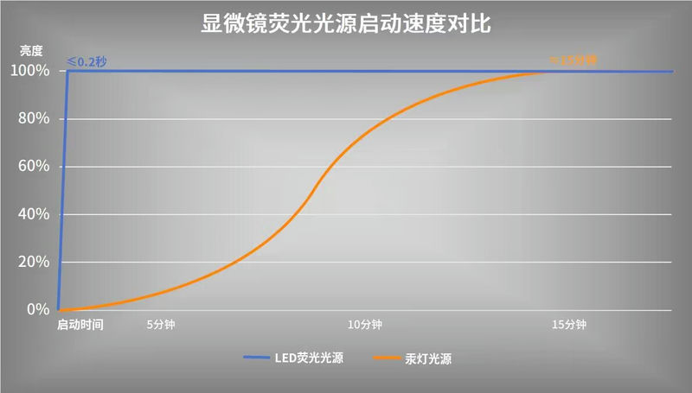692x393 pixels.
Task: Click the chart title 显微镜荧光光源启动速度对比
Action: click(346, 23)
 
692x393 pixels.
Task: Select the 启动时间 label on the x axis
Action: click(80, 325)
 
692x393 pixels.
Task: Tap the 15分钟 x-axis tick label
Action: click(568, 325)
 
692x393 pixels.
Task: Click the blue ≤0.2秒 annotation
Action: click(86, 62)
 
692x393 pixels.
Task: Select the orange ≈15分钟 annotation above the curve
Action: click(573, 60)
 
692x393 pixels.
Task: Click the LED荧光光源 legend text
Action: click(309, 358)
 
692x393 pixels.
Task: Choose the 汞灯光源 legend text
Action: click(428, 358)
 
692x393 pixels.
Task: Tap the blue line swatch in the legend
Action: click(258, 358)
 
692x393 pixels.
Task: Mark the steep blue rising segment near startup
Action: click(63, 190)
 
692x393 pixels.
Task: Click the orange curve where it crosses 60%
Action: click(333, 167)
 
